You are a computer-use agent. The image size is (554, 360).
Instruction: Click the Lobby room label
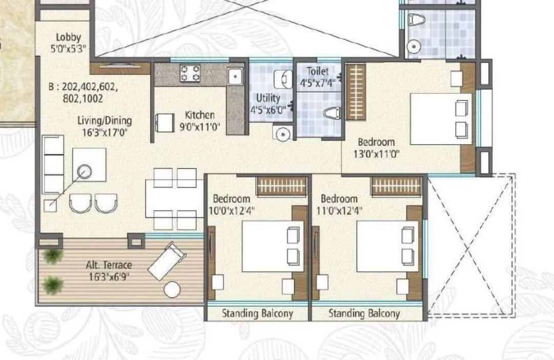point(68,37)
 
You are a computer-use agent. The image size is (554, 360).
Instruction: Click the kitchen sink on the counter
point(235,76)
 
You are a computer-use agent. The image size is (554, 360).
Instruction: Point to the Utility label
point(268,98)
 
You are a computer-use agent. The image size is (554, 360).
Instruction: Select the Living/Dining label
point(105,121)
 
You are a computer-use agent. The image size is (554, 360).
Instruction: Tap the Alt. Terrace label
point(109,265)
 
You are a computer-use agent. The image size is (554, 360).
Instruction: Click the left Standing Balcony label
point(257,313)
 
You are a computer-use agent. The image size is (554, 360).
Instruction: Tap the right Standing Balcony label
point(364,313)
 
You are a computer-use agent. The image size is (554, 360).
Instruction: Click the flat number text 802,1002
point(83,98)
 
